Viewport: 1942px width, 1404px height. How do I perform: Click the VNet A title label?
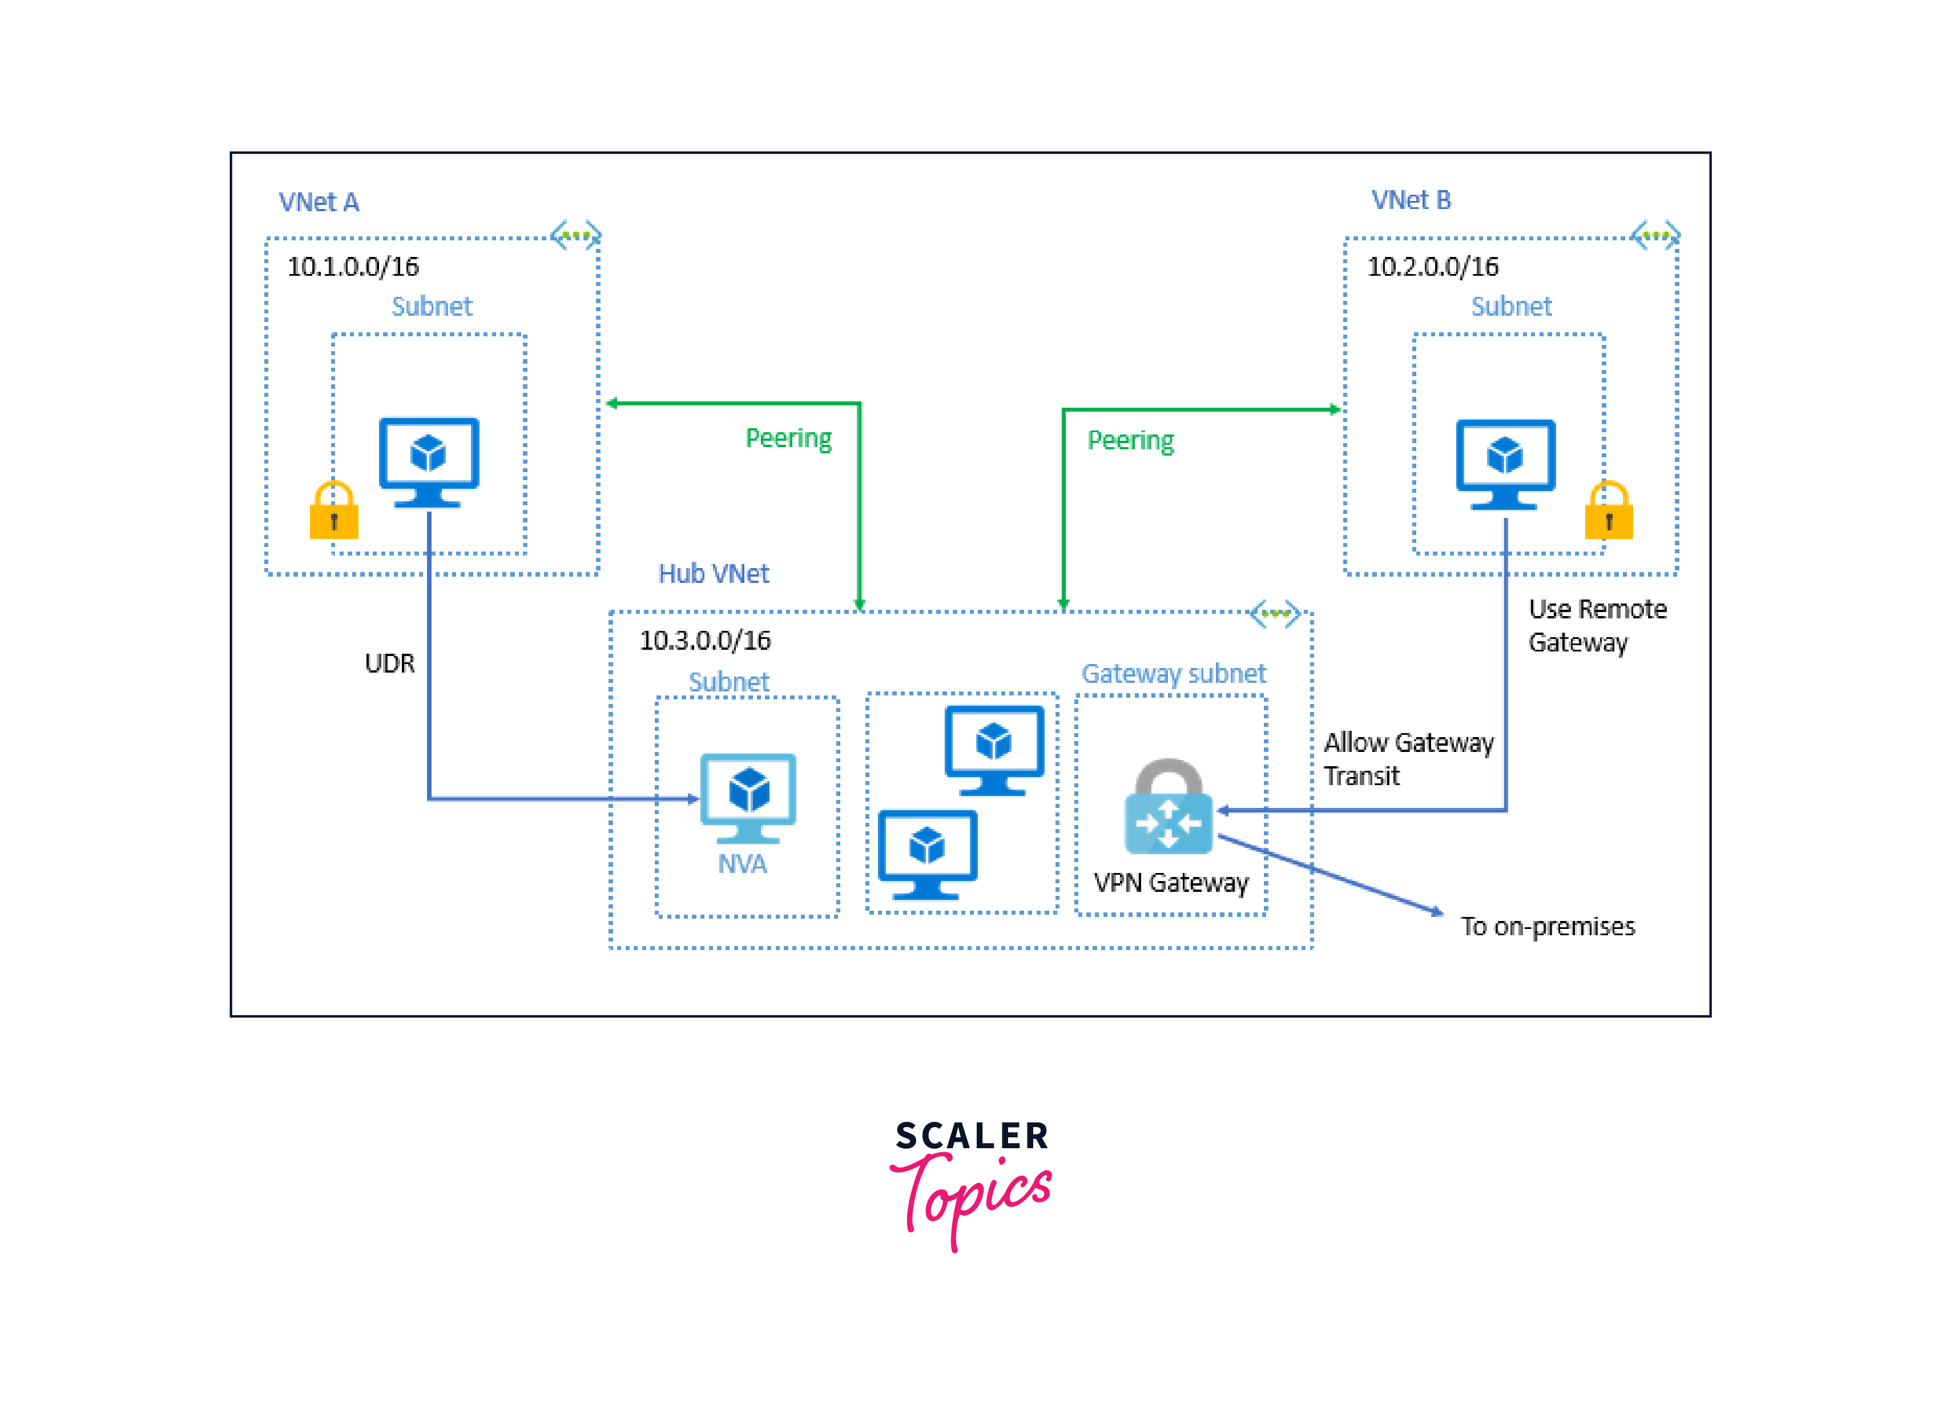pos(319,202)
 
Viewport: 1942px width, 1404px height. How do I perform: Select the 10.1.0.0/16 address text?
pos(353,267)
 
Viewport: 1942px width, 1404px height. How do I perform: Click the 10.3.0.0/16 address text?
pos(704,640)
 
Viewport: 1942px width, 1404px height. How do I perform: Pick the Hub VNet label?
pos(714,573)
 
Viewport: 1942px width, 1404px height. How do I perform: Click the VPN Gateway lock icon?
pos(1168,807)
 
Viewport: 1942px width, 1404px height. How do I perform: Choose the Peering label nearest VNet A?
pos(788,438)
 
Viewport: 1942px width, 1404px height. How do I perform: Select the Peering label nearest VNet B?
pos(1130,440)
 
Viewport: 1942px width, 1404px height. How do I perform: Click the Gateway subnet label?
pos(1173,673)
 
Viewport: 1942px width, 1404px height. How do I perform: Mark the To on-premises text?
pos(1547,926)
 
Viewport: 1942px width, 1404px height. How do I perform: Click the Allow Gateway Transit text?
pos(1408,758)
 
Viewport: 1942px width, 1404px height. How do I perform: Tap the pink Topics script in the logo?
pos(972,1197)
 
